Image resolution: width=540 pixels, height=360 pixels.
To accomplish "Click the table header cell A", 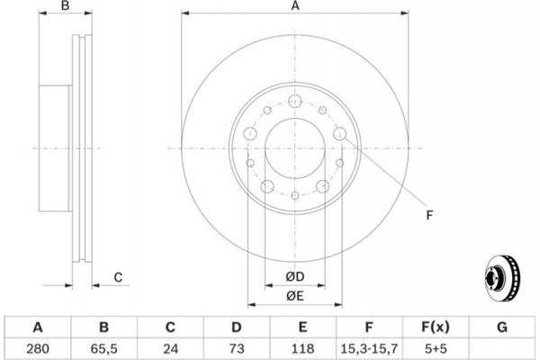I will click(x=38, y=326).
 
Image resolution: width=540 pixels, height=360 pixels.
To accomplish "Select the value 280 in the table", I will click(x=38, y=346).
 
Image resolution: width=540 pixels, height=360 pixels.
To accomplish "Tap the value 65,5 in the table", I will click(x=104, y=346).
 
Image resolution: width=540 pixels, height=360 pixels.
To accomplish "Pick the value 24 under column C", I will click(x=171, y=346).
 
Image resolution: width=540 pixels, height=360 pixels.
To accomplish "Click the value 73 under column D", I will click(x=237, y=346).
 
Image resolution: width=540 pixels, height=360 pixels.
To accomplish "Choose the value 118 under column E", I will click(x=303, y=346).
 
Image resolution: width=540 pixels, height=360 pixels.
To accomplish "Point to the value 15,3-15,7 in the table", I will click(x=370, y=346).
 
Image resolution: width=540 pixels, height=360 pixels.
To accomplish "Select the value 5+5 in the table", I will click(x=436, y=346).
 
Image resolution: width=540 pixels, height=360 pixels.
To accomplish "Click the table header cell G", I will click(x=502, y=326).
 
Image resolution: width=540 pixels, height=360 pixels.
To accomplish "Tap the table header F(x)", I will click(x=436, y=326).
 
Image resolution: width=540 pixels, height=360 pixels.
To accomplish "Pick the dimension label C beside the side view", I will click(x=118, y=277).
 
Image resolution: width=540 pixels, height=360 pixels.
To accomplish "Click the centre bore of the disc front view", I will click(x=294, y=148).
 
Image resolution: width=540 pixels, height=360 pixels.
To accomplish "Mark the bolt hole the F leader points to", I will click(x=340, y=134).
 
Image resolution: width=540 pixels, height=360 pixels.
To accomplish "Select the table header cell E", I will click(x=303, y=326).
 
